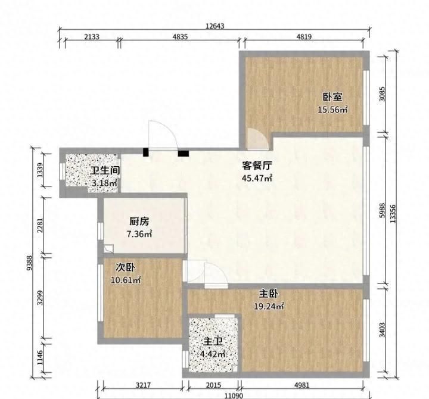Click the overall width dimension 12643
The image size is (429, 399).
[x=214, y=26]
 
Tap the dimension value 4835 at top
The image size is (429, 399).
[x=180, y=37]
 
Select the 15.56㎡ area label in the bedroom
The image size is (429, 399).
[x=332, y=110]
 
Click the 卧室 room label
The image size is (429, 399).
[x=332, y=97]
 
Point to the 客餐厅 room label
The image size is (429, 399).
[x=257, y=166]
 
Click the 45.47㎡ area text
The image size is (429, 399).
[x=257, y=178]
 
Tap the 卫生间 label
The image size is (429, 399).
[x=105, y=170]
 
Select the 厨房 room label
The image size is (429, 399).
[x=139, y=222]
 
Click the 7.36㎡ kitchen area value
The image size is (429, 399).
[x=139, y=234]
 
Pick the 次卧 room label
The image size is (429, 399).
[x=125, y=267]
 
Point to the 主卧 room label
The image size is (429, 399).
[x=269, y=294]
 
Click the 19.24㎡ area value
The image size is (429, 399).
[x=269, y=306]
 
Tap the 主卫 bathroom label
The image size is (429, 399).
[x=213, y=342]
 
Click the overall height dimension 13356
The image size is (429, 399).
[x=393, y=214]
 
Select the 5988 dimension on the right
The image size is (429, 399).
[x=382, y=210]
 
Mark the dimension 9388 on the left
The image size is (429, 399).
[x=29, y=263]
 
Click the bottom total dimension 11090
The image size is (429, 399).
[x=234, y=395]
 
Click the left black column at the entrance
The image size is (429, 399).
[x=146, y=152]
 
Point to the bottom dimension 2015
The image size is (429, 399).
[x=213, y=385]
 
